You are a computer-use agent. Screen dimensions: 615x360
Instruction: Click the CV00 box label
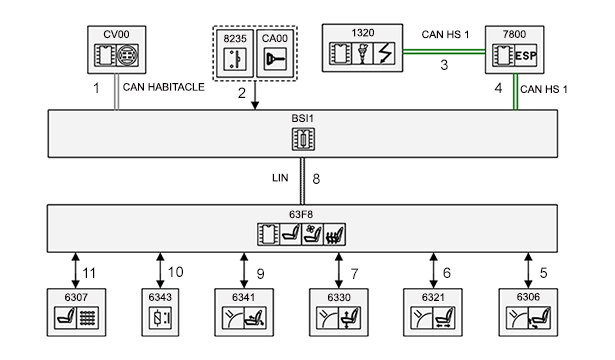(116, 35)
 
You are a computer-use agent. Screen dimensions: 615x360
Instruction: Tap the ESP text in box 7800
(526, 56)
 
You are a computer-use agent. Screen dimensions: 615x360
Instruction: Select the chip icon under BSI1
(303, 139)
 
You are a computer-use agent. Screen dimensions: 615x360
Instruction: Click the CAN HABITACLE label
(164, 87)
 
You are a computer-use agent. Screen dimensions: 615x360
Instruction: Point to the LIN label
(280, 178)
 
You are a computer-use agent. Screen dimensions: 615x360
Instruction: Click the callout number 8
(316, 179)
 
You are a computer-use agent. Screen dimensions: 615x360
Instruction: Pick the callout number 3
(444, 65)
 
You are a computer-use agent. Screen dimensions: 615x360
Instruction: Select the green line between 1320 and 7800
(444, 51)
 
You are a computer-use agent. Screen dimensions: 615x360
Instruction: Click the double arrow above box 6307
(76, 270)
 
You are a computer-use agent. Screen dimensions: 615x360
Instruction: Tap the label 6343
(160, 297)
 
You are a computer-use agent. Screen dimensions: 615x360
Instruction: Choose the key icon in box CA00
(275, 59)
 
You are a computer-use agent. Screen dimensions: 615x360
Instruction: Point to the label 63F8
(301, 215)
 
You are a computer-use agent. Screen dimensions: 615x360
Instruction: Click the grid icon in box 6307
(87, 318)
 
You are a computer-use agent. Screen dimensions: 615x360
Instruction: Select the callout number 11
(89, 273)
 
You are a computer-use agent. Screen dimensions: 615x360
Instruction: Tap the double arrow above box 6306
(528, 270)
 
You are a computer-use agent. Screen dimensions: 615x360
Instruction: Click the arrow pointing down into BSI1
(255, 95)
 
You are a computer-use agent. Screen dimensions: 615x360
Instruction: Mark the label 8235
(235, 38)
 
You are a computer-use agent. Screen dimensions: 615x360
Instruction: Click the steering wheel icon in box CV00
(127, 55)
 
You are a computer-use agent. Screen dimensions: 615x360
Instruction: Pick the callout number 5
(543, 273)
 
